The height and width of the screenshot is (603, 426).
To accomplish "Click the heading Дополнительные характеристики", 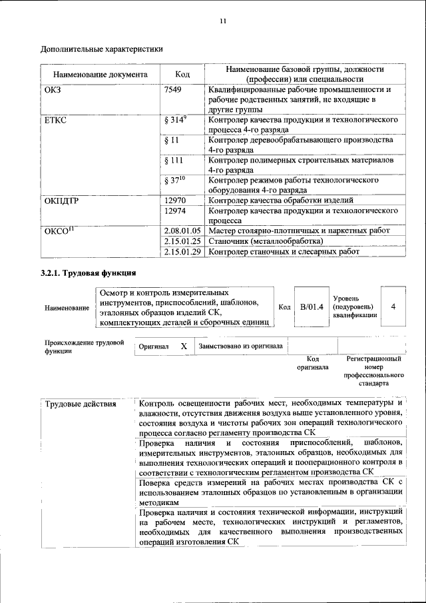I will tap(102, 49).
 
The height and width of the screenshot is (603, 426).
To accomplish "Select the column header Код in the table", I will tap(182, 74).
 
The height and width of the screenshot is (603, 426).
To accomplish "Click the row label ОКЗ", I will tap(53, 89).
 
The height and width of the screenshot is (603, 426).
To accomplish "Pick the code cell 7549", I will tap(173, 89).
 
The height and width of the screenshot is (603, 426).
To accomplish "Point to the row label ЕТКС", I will tap(55, 120).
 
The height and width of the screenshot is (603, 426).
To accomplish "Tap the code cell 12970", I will tap(175, 201).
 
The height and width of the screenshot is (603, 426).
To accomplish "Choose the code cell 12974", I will tap(175, 211).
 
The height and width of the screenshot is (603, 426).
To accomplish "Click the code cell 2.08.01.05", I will tap(182, 231).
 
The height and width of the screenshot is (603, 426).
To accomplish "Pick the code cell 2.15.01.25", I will tap(182, 241).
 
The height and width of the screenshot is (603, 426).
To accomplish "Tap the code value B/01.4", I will tap(312, 306).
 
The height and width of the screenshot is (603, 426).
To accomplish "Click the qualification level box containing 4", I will tap(393, 306).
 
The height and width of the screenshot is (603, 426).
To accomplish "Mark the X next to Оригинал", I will tap(184, 346).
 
